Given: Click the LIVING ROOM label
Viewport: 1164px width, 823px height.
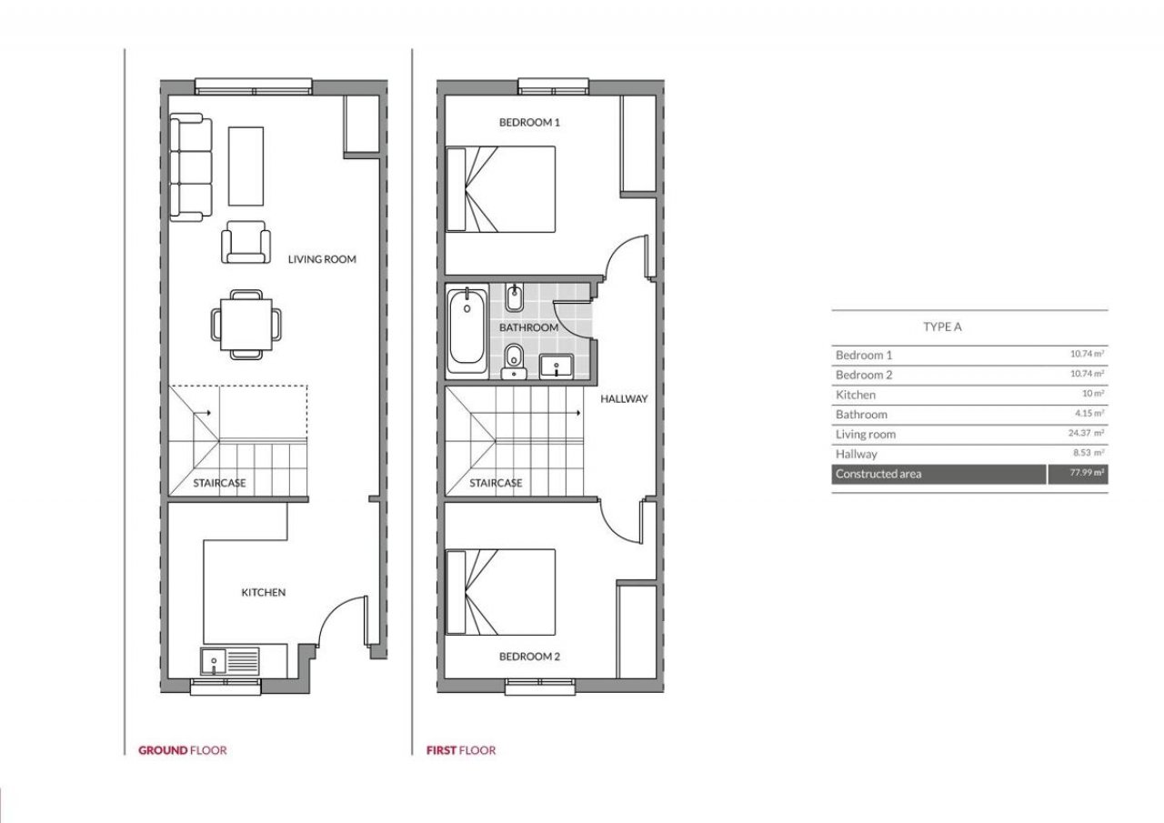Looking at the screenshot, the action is point(322,259).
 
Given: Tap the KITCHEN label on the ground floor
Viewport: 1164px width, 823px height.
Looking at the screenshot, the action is point(264,592).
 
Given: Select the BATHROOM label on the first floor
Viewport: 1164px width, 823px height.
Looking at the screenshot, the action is point(528,327).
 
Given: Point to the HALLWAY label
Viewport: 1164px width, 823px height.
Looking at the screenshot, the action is point(624,399).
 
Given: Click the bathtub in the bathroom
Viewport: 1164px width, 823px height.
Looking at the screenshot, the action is point(467,329).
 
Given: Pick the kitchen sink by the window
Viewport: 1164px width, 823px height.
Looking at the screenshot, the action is point(214,661).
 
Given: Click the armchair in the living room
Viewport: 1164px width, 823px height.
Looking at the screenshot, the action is point(246,242).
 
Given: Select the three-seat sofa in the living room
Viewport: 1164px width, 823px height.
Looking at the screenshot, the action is point(191,167).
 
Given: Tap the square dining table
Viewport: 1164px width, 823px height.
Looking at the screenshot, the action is point(246,325).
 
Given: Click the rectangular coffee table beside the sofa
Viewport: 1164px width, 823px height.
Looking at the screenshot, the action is point(246,166).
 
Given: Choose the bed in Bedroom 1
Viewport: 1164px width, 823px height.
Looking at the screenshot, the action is point(500,189).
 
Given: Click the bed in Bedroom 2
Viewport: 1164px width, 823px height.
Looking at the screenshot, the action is point(500,592).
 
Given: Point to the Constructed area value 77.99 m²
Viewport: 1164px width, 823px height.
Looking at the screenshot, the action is point(1087,473).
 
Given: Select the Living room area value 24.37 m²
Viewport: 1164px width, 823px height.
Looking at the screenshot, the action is point(1086,433).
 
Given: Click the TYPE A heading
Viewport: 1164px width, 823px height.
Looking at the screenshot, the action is point(942,326).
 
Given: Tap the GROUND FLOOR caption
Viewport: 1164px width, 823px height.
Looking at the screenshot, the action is point(183,750).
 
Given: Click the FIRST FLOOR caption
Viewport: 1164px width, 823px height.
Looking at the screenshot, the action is point(461,750).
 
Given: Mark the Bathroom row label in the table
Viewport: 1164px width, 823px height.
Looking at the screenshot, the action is point(861,415).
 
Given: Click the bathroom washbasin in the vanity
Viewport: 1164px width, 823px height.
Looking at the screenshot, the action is point(556,366).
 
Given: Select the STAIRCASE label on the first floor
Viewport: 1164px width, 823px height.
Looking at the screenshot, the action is point(496,483).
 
